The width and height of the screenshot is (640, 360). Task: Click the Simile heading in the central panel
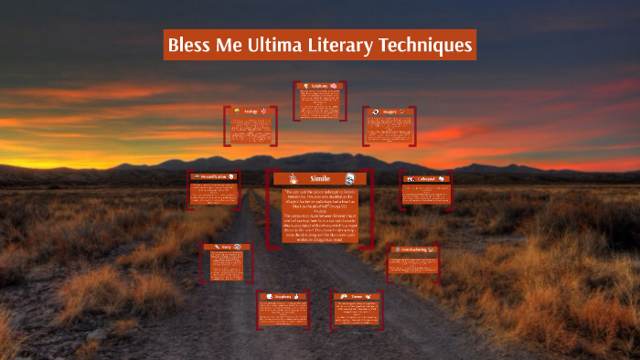[x=319, y=178]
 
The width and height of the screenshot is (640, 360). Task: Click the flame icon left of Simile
[x=293, y=178]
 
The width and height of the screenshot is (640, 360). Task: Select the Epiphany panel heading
[x=319, y=86]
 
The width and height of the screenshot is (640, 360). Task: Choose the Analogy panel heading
[x=250, y=111]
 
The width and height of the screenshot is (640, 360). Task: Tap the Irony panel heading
[x=225, y=248]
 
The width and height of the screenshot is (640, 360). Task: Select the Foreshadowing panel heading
[x=414, y=249]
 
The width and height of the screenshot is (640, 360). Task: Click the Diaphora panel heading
[x=280, y=296]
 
